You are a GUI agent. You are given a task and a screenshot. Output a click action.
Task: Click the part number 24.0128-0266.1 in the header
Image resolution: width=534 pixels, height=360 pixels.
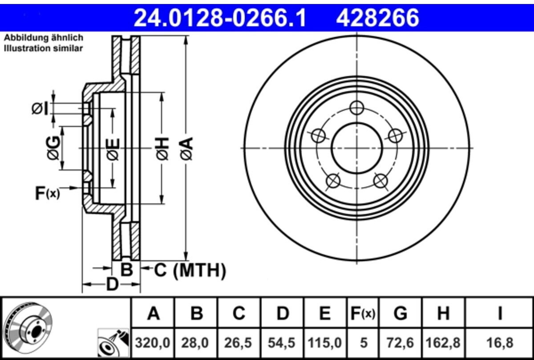(x=220, y=18)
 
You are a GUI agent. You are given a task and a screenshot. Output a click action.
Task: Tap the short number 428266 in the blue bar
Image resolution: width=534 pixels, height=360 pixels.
(x=377, y=18)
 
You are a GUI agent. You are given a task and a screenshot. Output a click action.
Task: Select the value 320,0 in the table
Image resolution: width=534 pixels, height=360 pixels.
(x=153, y=343)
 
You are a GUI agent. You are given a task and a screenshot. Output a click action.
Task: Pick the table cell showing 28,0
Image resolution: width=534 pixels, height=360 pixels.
(x=195, y=343)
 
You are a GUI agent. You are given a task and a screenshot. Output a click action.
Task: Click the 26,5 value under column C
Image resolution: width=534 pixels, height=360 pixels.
(x=238, y=343)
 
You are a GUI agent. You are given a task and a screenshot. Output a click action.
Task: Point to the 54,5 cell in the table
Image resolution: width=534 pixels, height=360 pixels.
(x=282, y=343)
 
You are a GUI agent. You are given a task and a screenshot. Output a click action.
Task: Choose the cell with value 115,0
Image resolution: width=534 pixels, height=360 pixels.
(x=325, y=343)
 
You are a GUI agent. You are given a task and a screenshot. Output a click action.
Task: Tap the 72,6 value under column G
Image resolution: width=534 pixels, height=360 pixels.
(x=400, y=343)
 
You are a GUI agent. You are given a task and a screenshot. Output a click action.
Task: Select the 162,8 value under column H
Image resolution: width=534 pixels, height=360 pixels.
(x=443, y=343)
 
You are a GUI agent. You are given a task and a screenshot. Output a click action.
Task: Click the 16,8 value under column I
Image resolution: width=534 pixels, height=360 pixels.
(x=500, y=343)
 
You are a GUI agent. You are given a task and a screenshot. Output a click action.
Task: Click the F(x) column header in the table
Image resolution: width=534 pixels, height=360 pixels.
(x=363, y=314)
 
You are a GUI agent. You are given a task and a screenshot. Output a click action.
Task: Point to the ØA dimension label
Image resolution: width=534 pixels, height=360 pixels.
(x=186, y=148)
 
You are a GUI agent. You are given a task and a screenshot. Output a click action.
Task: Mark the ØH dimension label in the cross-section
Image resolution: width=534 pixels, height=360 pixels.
(x=162, y=148)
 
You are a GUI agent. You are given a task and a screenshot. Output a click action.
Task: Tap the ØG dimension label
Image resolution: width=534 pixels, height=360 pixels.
(x=53, y=148)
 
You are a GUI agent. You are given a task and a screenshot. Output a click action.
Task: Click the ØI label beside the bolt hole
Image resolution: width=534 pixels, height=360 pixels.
(x=40, y=109)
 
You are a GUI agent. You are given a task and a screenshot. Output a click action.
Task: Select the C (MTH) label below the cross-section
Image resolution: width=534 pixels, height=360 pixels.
(x=190, y=271)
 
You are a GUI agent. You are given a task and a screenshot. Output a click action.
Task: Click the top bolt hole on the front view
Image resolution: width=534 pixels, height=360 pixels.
(x=356, y=108)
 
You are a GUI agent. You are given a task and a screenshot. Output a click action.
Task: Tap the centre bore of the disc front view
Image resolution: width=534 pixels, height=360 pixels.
(x=357, y=148)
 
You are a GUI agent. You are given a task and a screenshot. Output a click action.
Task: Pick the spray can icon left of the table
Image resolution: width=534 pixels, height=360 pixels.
(x=113, y=343)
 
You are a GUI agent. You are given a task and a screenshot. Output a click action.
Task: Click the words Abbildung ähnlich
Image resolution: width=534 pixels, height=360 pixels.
(x=44, y=38)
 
